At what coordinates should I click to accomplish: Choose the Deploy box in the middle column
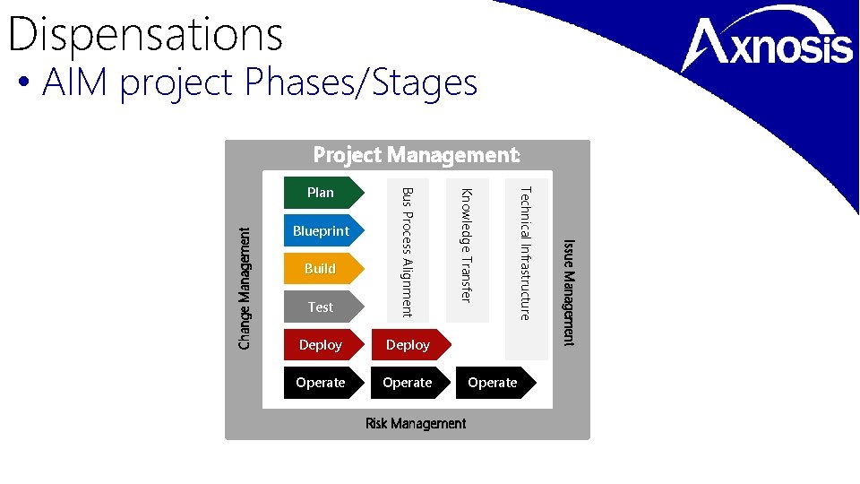click(408, 345)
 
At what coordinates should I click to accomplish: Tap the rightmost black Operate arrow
click(494, 383)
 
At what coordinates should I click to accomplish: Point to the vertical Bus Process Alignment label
click(408, 251)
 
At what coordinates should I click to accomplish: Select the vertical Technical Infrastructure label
click(526, 252)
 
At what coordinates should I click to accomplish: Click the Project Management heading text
click(417, 155)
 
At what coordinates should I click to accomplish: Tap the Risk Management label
click(416, 423)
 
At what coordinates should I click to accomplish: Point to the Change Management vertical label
click(245, 287)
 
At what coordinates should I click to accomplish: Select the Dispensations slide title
click(145, 34)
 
